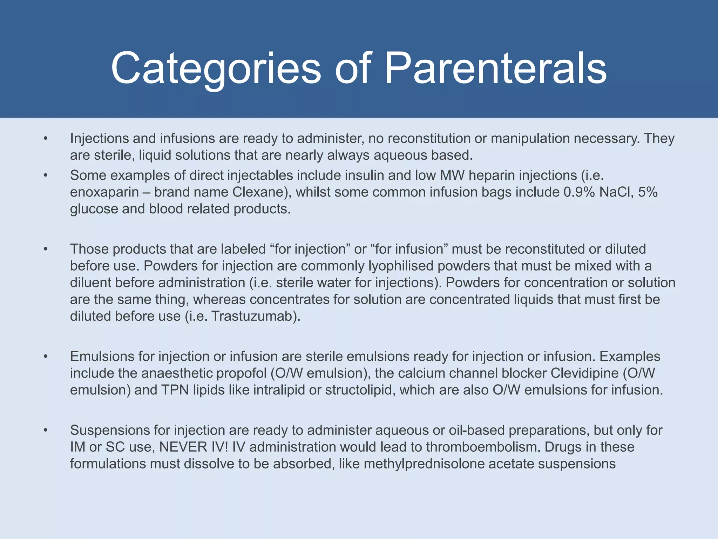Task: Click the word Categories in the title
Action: (x=216, y=68)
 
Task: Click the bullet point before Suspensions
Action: (x=46, y=430)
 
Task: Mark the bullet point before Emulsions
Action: (x=46, y=357)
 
